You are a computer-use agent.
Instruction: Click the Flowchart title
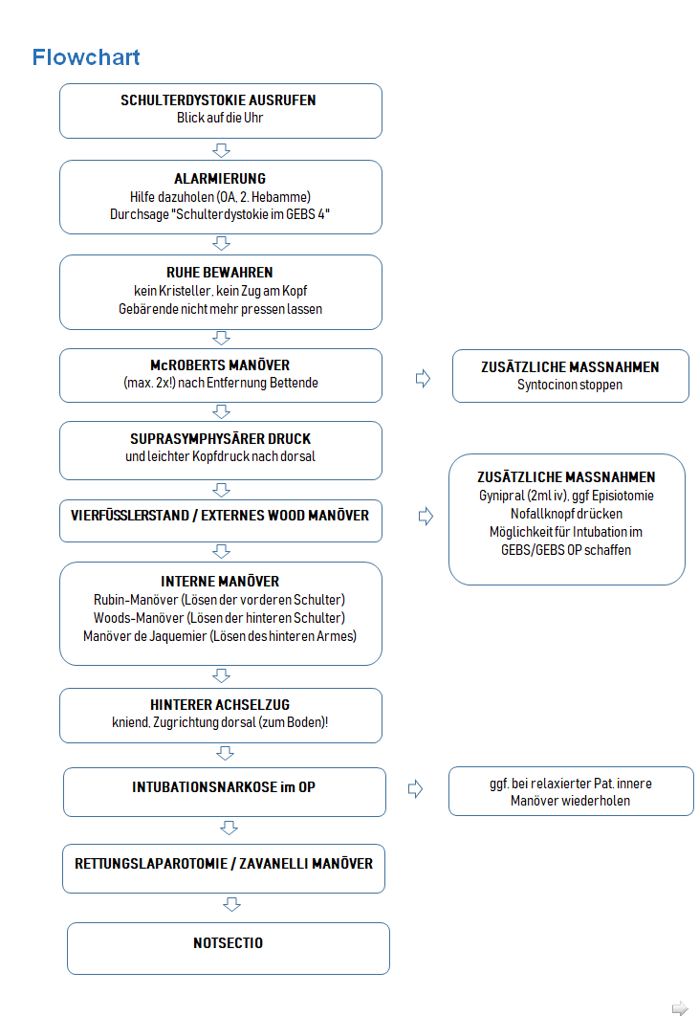(86, 57)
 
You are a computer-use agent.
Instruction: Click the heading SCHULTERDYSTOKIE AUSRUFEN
(218, 100)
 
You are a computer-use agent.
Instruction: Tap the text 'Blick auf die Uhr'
(220, 118)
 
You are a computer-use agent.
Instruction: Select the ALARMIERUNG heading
(220, 179)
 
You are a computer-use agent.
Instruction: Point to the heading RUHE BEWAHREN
(220, 273)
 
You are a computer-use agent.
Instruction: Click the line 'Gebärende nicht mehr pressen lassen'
(220, 309)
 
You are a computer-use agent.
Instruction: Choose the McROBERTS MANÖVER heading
(220, 365)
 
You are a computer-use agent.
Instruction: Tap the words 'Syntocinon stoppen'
(570, 385)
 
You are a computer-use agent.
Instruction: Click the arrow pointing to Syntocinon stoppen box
(423, 378)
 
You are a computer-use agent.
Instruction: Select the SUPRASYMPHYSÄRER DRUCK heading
(220, 439)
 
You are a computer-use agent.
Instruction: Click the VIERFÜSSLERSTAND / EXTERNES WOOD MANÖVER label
(220, 516)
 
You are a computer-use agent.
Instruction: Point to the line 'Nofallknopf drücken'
(566, 514)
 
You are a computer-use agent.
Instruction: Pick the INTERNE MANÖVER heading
(220, 582)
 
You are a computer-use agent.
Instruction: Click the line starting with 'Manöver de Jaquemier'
(220, 636)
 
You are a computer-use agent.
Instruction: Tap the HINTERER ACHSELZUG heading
(220, 705)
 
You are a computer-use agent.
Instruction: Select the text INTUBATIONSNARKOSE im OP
(224, 787)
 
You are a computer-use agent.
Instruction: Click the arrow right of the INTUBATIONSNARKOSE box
(415, 788)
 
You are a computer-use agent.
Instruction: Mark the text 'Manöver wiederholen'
(570, 801)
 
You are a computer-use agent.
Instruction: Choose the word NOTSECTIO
(228, 943)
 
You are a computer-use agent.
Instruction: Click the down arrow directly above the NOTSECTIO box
(232, 904)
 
